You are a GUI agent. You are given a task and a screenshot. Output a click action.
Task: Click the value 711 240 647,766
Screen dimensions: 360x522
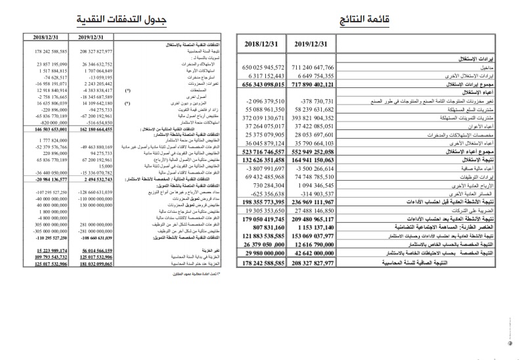click(311, 68)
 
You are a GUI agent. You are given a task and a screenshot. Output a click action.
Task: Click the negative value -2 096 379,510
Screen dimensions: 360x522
click(263, 101)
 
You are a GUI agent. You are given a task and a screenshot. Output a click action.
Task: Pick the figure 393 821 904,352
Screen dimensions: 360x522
click(311, 118)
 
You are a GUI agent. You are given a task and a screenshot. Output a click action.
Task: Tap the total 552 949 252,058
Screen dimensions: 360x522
click(311, 151)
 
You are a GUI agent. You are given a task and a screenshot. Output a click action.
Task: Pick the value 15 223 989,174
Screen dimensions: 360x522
click(47, 251)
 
